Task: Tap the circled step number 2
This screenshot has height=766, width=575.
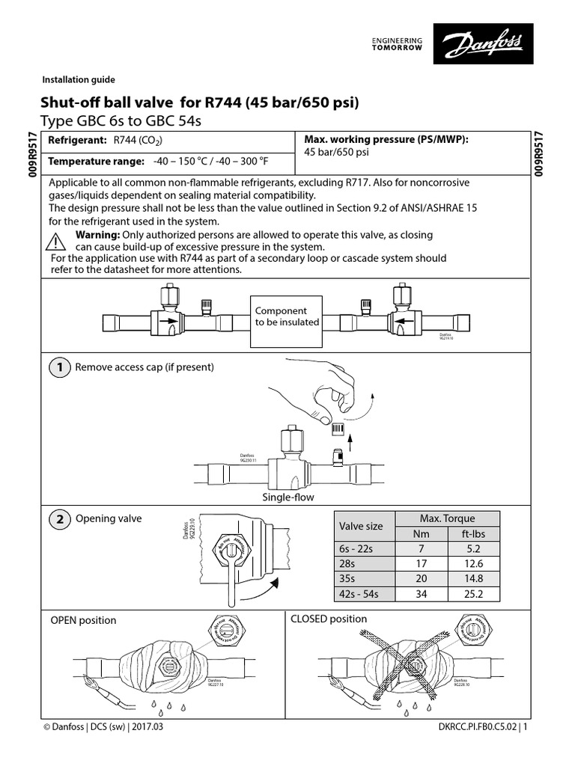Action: (x=58, y=519)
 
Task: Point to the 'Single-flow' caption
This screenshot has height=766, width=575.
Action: (x=287, y=497)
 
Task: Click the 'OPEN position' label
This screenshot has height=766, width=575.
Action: (x=83, y=620)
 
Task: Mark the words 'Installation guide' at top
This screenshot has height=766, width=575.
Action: (x=79, y=80)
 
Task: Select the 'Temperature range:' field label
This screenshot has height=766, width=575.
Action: (x=96, y=162)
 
